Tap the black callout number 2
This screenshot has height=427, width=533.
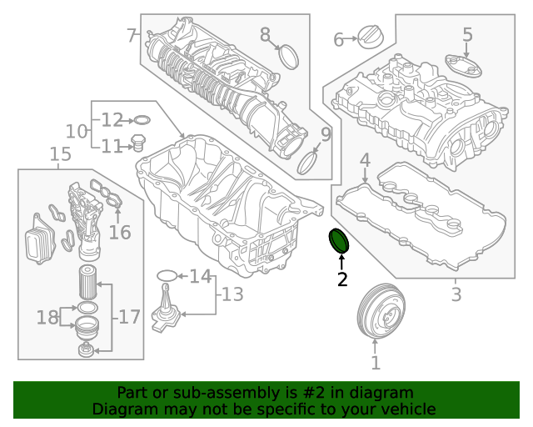342,279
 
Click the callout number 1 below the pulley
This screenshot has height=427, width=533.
376,363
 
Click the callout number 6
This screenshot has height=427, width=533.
339,40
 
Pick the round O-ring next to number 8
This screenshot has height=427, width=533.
288,57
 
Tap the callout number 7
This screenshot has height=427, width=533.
132,36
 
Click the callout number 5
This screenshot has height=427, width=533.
467,35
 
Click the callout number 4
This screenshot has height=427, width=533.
365,159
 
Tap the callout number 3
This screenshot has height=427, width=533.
456,294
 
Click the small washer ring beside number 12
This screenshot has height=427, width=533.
141,120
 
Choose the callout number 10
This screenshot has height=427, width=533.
77,131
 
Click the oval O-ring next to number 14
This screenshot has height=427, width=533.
167,274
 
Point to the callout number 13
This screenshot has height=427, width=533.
232,294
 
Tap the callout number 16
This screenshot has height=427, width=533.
120,232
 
